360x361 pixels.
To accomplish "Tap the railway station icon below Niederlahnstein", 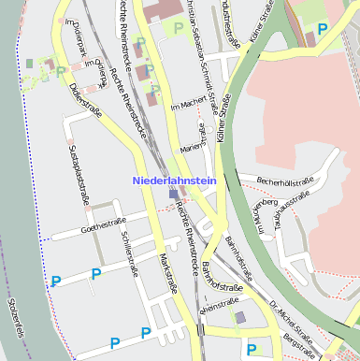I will [x=174, y=195].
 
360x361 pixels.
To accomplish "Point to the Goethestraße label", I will [x=104, y=224].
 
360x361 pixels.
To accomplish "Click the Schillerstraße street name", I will [x=128, y=251].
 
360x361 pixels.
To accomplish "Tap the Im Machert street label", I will [x=187, y=107].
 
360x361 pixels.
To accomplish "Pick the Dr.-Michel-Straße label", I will [x=291, y=319].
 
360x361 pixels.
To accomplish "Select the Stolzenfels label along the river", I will [x=13, y=318].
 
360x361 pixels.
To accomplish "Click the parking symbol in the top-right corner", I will [x=323, y=29].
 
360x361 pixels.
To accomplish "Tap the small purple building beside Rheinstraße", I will [x=240, y=318].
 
